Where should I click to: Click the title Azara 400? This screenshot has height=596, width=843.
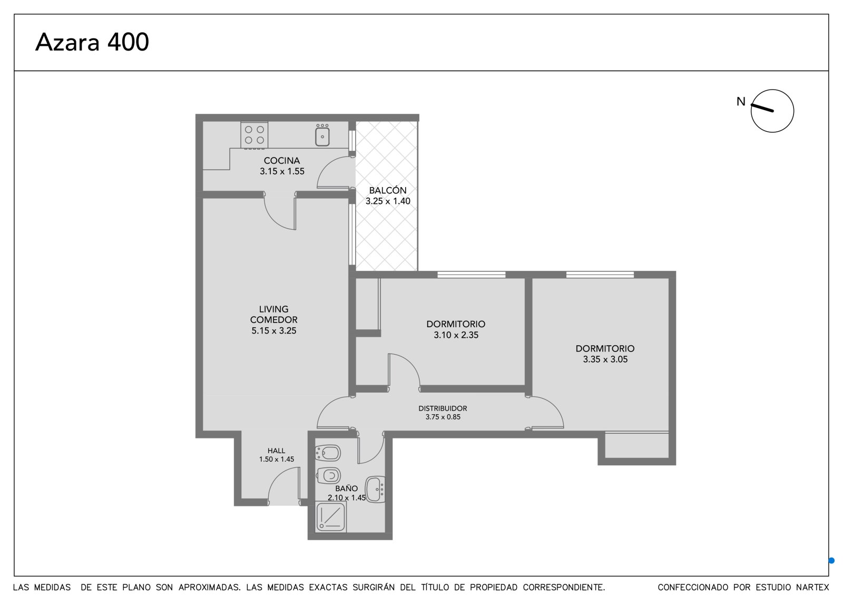coord(92,42)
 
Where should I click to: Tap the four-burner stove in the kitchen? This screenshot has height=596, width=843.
coord(254,135)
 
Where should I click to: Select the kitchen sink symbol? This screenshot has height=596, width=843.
coord(322,135)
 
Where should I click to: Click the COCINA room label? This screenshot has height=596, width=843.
coord(282,161)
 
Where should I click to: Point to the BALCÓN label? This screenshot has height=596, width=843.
coord(388,190)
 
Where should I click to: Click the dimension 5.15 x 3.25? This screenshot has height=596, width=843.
coord(274,330)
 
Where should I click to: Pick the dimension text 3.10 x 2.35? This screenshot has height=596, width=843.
coord(456,335)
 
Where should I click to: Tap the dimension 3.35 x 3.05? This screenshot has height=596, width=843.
coord(605,359)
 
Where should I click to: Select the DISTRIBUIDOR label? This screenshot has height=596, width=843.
coord(443,408)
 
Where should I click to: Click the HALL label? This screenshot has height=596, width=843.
coord(276,451)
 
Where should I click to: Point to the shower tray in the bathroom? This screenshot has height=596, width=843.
coord(331,516)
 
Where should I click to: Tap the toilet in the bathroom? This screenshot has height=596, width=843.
coord(329,475)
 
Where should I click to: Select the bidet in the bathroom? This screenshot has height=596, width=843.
coord(329,453)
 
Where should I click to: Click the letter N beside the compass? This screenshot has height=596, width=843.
coord(741,101)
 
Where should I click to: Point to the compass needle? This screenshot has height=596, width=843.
coord(762,108)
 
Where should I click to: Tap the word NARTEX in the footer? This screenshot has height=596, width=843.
coord(813,588)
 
